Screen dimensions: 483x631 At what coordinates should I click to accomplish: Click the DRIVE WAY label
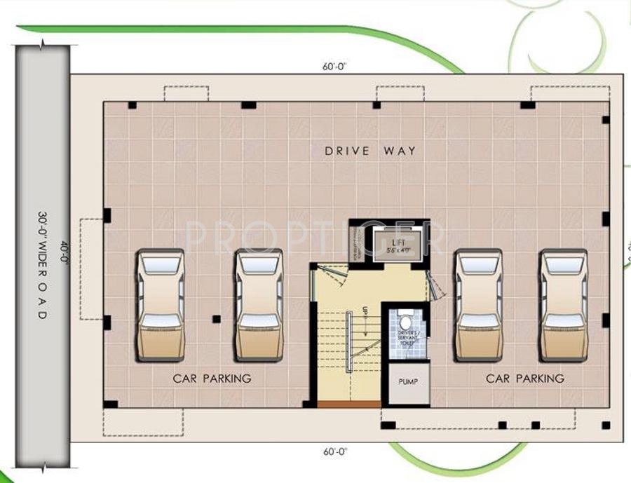tap(370, 151)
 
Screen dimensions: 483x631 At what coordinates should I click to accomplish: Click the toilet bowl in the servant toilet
tap(405, 322)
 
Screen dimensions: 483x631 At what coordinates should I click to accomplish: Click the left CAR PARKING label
tap(212, 379)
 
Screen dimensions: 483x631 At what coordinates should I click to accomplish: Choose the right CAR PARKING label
tap(524, 379)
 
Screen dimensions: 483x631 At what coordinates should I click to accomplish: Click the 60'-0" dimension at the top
tap(335, 67)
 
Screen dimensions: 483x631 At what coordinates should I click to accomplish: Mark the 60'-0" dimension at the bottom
tap(335, 452)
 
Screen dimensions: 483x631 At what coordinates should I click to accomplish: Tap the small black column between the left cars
tap(216, 319)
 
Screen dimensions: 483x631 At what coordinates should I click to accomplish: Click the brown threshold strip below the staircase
tap(348, 404)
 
